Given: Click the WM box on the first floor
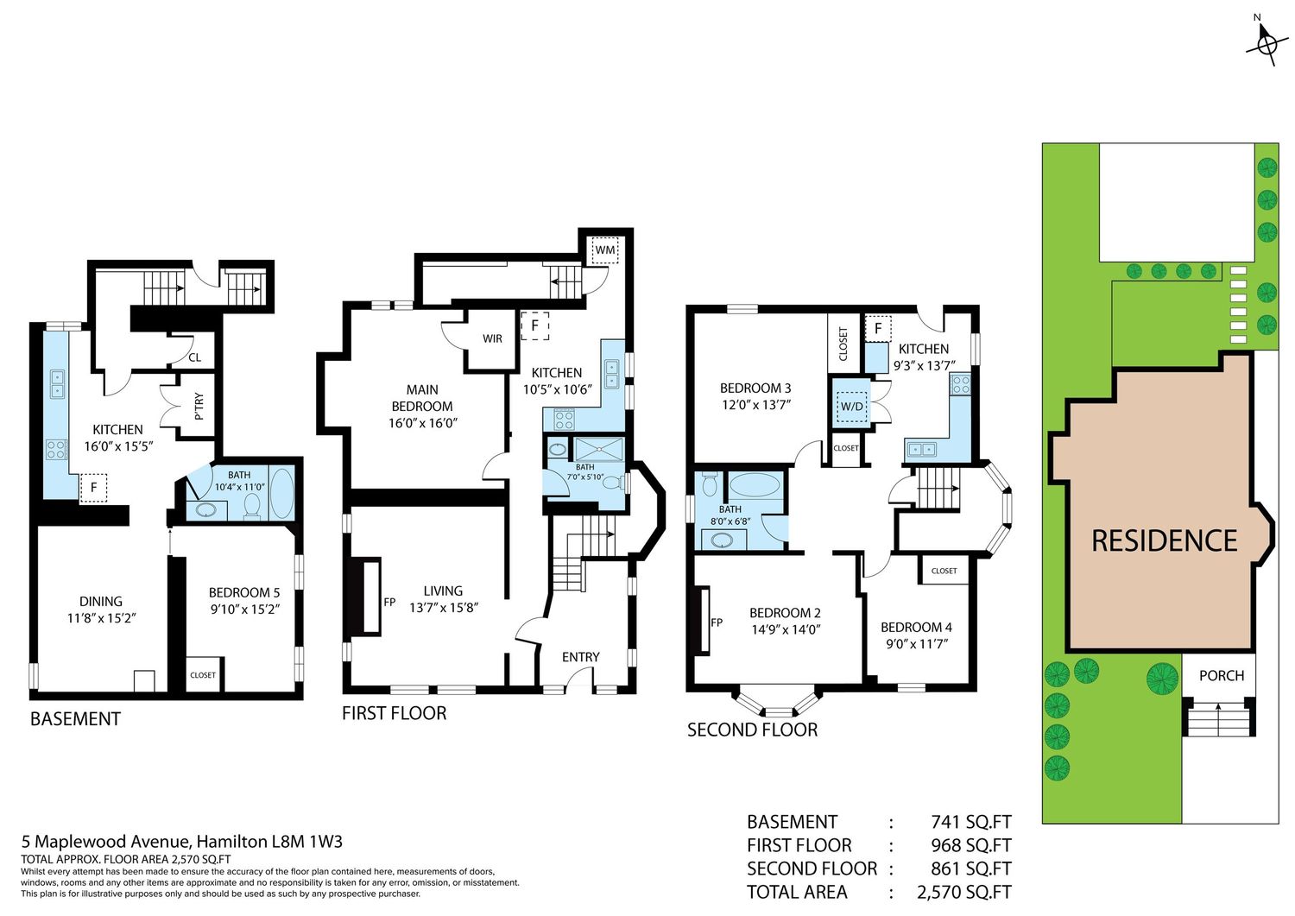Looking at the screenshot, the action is tap(604, 250).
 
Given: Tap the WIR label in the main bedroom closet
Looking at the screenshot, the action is tap(493, 339).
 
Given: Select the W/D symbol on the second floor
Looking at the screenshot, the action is tap(851, 406).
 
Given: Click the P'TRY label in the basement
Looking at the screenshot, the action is tap(199, 406).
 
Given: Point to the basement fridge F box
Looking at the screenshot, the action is tap(93, 488).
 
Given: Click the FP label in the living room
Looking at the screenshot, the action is tap(389, 602).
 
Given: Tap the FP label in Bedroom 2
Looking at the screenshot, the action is tap(717, 622).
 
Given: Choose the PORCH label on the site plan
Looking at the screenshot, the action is tap(1222, 675).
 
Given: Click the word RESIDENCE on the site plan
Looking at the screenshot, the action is tap(1165, 540).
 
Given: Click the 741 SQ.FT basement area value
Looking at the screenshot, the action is tap(971, 822).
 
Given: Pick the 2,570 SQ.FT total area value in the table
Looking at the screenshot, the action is tap(964, 893).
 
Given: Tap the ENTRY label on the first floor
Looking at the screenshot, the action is tap(580, 657).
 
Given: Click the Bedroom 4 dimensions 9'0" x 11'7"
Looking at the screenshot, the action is tap(917, 644).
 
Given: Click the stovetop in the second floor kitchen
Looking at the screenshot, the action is tap(961, 384).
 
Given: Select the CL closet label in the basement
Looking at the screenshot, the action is tap(195, 357).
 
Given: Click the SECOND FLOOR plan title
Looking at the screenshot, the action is tap(752, 730).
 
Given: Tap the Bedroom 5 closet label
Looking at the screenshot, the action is tap(202, 675).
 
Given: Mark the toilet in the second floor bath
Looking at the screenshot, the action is tap(710, 484).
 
